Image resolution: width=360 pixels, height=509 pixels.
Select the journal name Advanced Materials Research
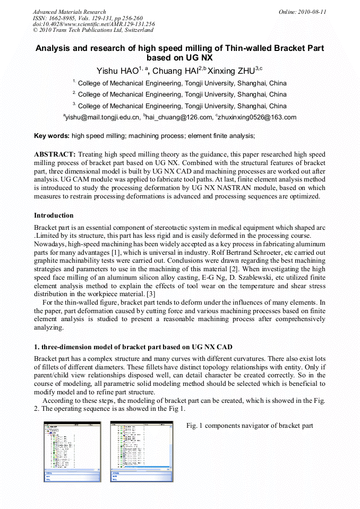69,12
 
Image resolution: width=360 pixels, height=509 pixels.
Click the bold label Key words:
52,136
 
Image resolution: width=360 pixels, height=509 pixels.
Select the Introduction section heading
54,215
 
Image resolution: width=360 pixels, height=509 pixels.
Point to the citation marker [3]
151,294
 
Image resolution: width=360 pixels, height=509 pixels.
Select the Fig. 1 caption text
250,426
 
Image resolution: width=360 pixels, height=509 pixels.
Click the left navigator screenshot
72,452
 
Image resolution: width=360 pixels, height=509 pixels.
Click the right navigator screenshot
141,452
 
